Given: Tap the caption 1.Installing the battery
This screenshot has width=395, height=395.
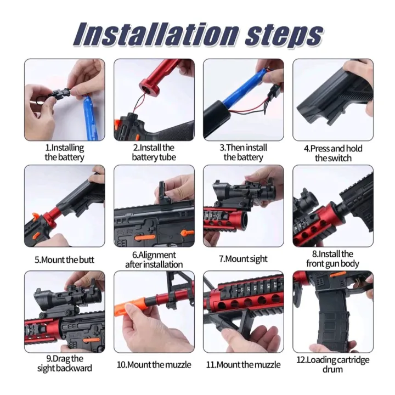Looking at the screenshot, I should click(x=64, y=153).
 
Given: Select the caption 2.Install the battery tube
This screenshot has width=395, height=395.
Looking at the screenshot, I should click(x=154, y=153).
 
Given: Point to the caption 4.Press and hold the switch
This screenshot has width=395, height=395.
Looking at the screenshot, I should click(x=333, y=153).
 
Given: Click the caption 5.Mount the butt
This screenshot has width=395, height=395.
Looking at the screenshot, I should click(x=64, y=259).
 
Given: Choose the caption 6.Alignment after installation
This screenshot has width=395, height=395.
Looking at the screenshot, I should click(x=154, y=259).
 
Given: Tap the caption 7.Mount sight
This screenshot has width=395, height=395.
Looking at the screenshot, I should click(x=243, y=259).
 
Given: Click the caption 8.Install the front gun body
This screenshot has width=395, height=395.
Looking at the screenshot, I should click(x=333, y=258).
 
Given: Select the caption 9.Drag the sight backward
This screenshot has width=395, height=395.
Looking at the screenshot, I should click(x=64, y=363).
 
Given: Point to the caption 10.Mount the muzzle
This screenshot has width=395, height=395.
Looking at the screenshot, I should click(x=154, y=364).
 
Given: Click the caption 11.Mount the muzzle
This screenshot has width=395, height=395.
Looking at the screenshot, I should click(x=244, y=364).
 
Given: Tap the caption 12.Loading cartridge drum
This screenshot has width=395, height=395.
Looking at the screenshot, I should click(x=333, y=364).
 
